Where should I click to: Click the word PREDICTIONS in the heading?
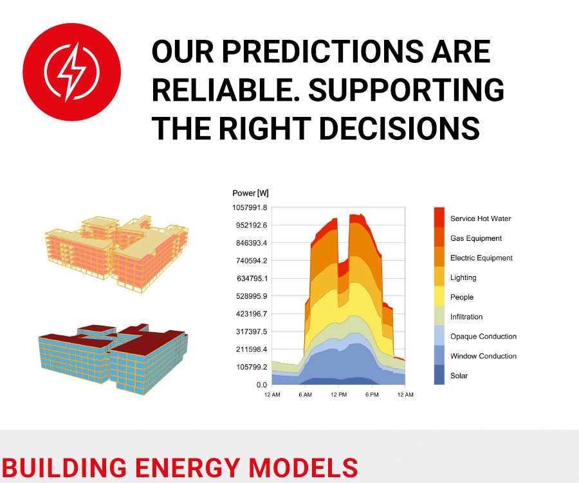[x=322, y=51]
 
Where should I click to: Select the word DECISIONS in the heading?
[x=399, y=128]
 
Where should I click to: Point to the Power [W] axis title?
[x=250, y=193]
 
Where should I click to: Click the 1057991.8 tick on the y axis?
[x=250, y=207]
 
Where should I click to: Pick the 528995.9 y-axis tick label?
[x=252, y=296]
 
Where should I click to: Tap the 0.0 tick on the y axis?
[x=261, y=385]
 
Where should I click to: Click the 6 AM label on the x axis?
[x=306, y=394]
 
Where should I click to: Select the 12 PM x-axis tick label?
[x=338, y=394]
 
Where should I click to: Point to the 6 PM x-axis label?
[x=372, y=394]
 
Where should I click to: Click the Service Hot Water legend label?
[x=481, y=218]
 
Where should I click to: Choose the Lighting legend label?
[x=463, y=277]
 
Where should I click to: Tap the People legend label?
[x=461, y=297]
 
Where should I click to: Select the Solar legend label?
[x=459, y=376]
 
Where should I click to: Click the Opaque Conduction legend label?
[x=483, y=337]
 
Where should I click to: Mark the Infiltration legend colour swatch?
[x=439, y=315]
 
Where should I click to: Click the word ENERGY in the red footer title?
[x=188, y=468]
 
